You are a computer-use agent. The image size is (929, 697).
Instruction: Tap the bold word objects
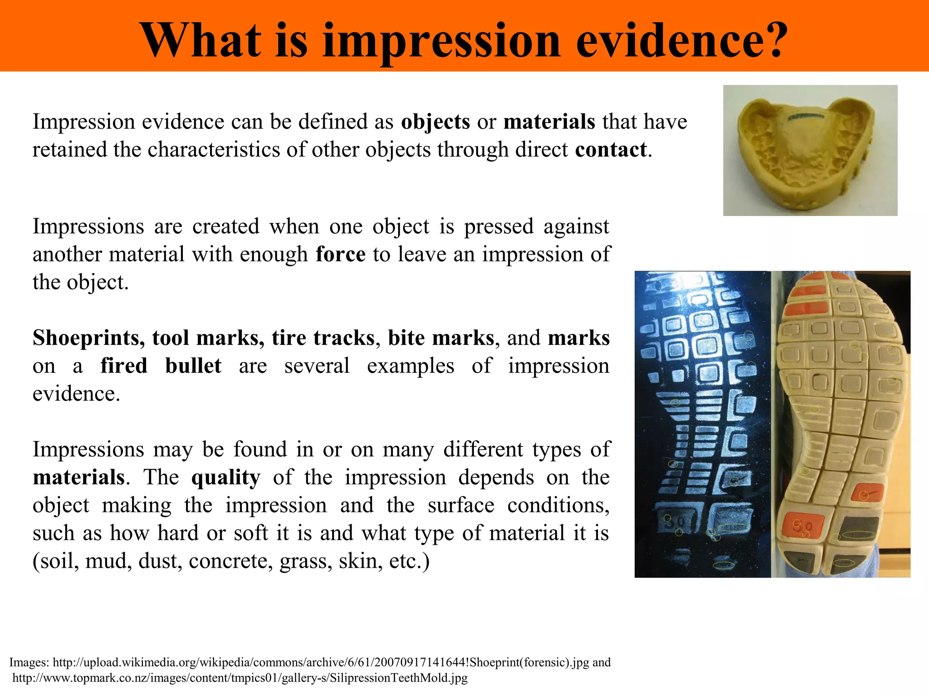point(435,122)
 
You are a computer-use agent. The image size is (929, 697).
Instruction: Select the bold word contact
point(611,150)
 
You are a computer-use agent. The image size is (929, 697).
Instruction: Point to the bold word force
point(341,254)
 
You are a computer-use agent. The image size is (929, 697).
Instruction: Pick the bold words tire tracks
point(323,338)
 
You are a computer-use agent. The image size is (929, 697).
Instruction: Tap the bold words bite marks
point(441,338)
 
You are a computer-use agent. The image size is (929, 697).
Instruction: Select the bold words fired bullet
point(161,366)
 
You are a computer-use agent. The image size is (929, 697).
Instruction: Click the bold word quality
point(226,477)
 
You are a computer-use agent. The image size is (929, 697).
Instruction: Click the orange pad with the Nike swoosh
point(864,494)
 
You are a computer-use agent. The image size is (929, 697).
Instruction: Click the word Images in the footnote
point(29,662)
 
